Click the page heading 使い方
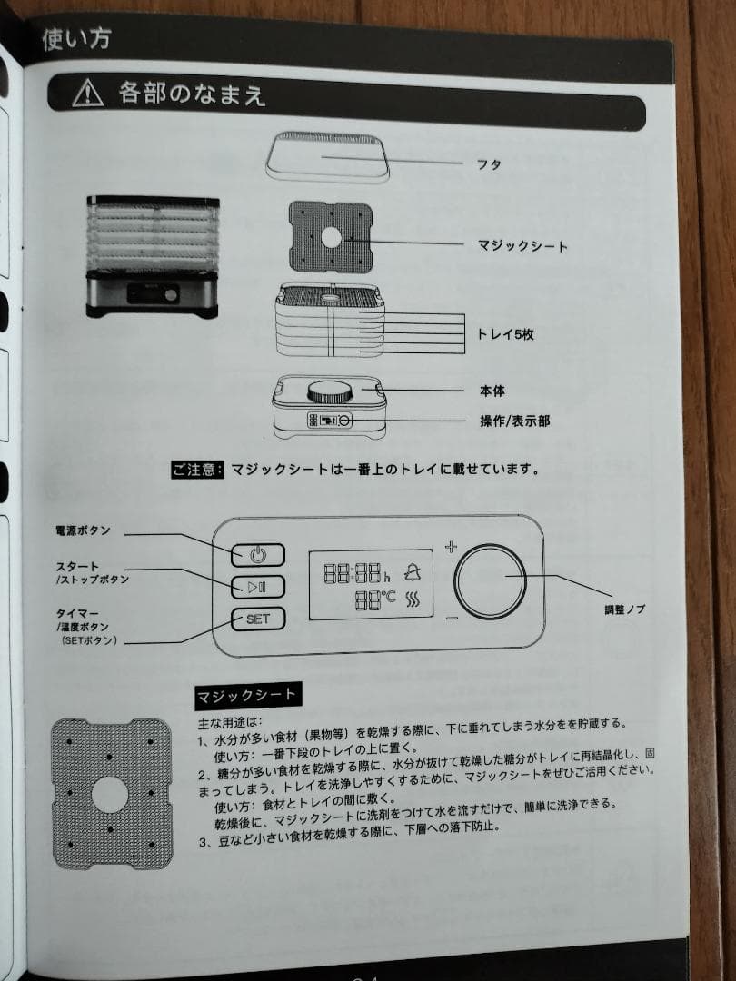(76, 41)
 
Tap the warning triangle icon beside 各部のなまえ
(88, 93)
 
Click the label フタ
(490, 165)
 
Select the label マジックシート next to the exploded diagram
(522, 245)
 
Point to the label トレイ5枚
(505, 334)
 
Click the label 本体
(492, 391)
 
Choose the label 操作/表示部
(514, 421)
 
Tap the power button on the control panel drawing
(257, 554)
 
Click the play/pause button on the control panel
(257, 587)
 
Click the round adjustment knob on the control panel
(491, 581)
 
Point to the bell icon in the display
(414, 572)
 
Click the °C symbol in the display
(389, 599)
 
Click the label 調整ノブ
(624, 609)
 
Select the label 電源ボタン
(84, 530)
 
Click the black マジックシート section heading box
(245, 696)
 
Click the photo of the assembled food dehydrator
(152, 256)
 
